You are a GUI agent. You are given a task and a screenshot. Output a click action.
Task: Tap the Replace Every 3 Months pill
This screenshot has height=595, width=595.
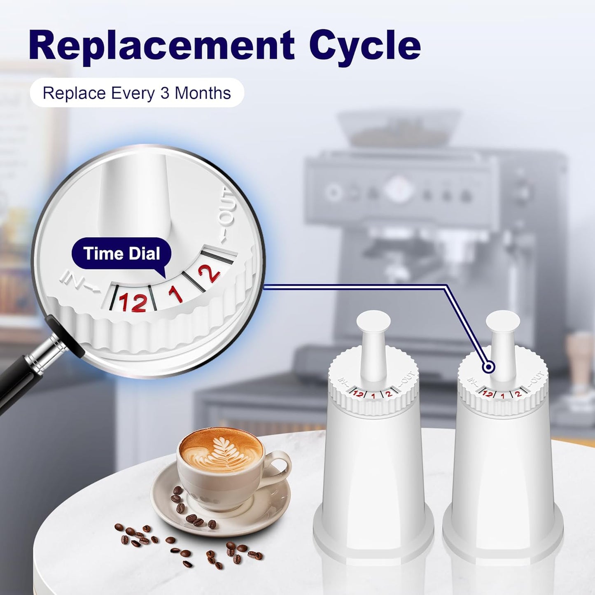point(137,93)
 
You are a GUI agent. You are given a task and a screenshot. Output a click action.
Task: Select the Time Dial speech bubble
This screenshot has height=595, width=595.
point(121,254)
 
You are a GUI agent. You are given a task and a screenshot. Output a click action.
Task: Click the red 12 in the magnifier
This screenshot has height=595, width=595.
point(133,302)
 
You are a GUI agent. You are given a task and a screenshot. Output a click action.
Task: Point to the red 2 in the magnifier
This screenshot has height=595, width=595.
point(209,273)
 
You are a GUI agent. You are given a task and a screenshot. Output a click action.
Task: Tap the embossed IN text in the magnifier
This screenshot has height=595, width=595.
point(76,282)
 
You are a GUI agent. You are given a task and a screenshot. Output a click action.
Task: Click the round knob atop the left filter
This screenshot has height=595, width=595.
point(373,322)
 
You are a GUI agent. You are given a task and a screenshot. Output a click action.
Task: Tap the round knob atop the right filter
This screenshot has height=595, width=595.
point(502,322)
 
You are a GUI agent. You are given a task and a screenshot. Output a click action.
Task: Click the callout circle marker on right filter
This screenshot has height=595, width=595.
point(489,366)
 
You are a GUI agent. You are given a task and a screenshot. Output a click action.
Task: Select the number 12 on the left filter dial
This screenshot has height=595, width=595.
point(358,394)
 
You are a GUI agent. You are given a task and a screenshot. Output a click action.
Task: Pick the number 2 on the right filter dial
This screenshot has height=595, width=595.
point(518,394)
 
